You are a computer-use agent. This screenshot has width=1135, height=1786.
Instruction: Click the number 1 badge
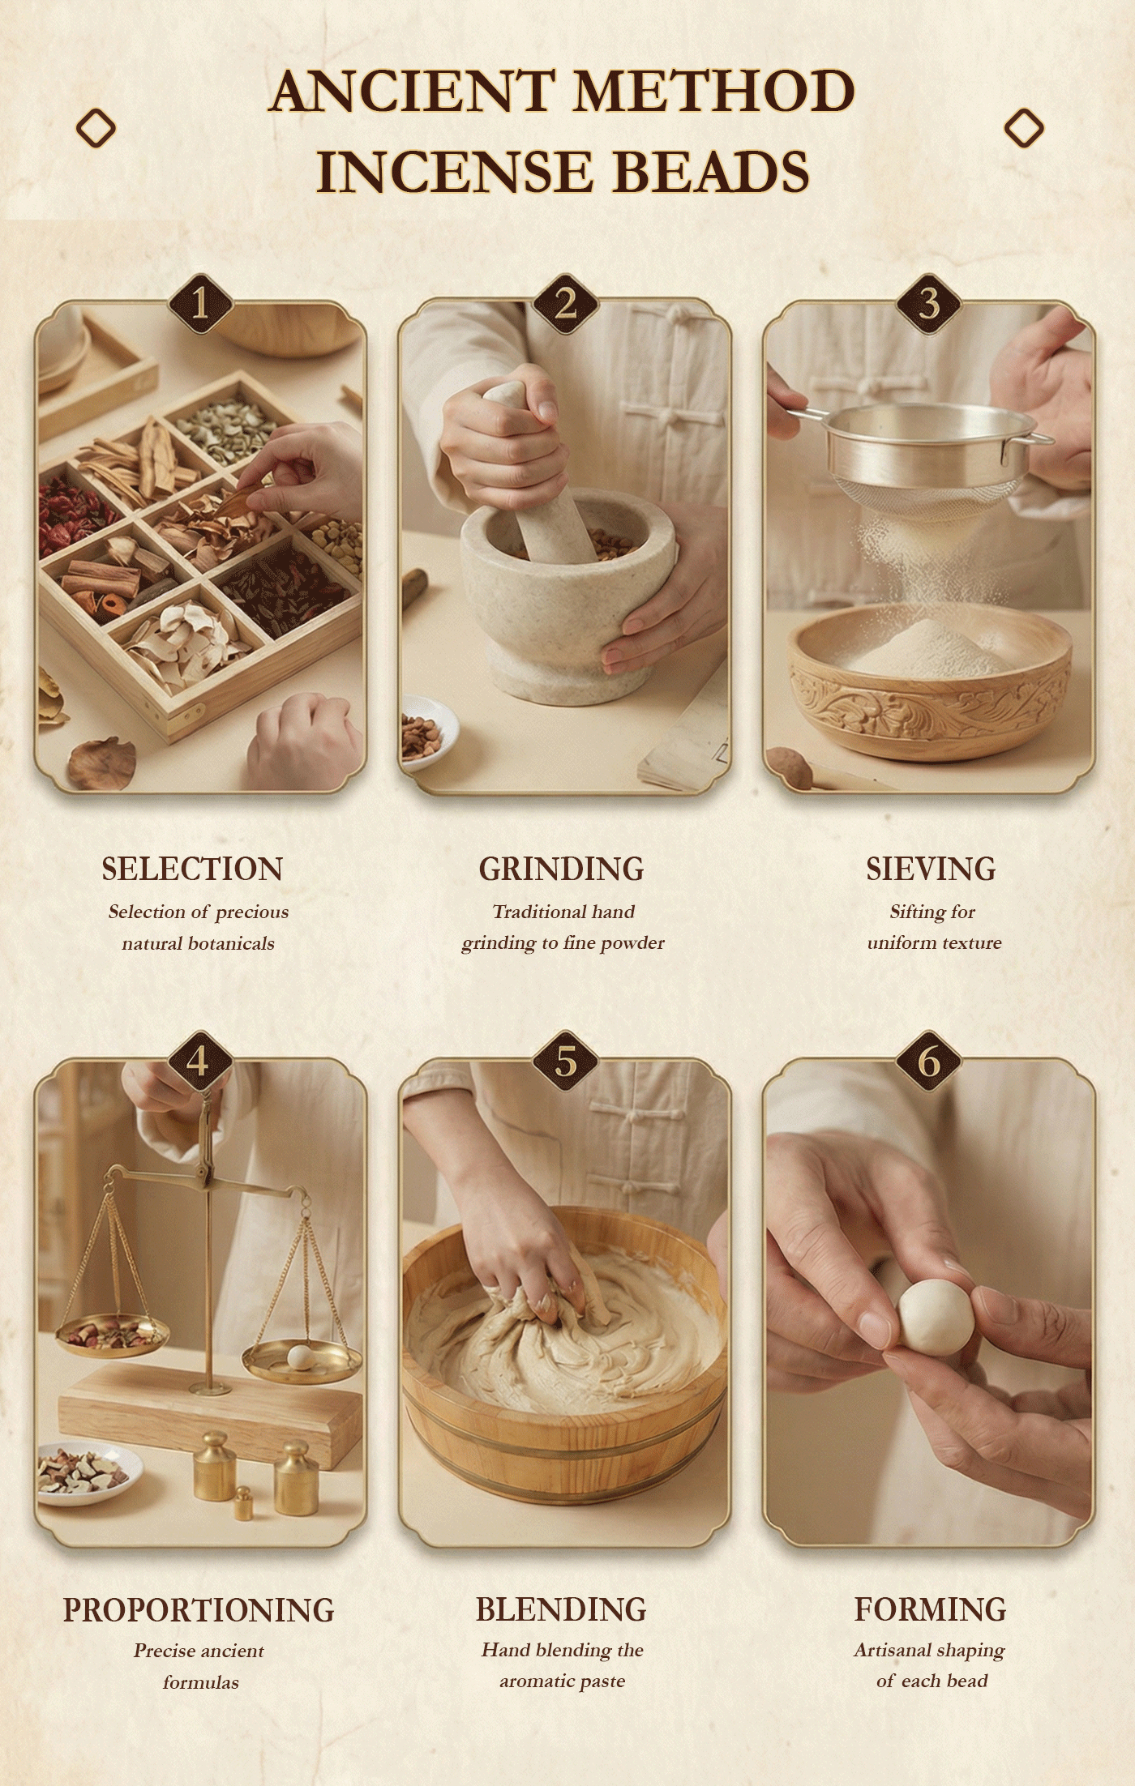200,305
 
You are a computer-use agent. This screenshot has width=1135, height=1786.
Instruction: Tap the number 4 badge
200,1062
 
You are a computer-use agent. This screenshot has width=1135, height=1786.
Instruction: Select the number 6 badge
929,1062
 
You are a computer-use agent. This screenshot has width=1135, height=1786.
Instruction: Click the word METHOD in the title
713,91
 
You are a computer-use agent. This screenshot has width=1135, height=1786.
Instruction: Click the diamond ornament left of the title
96,128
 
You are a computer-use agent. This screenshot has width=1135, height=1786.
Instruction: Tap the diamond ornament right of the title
1024,128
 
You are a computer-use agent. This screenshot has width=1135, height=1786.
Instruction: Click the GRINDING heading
562,869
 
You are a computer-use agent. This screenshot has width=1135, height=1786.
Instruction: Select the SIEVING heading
931,869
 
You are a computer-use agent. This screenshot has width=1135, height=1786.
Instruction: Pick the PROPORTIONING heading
199,1609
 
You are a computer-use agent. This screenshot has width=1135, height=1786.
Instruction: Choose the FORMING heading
930,1609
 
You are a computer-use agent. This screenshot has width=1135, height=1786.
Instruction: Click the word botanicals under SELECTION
231,943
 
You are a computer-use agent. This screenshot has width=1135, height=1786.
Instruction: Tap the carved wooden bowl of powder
930,682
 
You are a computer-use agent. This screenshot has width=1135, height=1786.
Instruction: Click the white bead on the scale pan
299,1357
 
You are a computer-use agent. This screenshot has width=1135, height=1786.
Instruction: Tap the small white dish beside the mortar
427,731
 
